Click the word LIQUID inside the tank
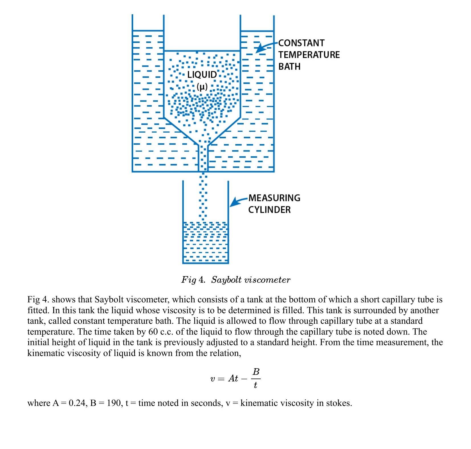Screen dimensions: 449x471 point(202,75)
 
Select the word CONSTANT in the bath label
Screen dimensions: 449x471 point(301,43)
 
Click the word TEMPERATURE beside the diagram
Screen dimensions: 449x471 point(309,55)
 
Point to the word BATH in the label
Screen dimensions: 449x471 point(289,66)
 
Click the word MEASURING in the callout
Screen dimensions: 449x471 point(274,198)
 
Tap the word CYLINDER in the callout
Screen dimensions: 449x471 point(270,210)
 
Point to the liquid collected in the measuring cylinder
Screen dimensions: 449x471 point(205,242)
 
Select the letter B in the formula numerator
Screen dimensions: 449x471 point(256,372)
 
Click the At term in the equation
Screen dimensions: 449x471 point(233,379)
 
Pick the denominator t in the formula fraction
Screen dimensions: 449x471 point(255,385)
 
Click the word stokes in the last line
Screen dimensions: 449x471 point(338,403)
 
